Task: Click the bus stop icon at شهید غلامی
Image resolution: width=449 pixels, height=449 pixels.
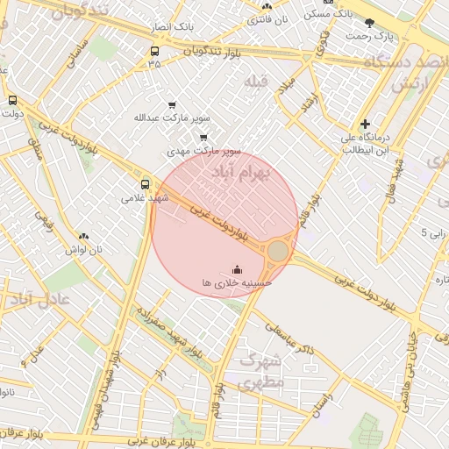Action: pos(146,184)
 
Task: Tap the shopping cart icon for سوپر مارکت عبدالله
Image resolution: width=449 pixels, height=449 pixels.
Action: pos(171,105)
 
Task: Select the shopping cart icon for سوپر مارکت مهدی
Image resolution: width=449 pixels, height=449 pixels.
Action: pos(203,137)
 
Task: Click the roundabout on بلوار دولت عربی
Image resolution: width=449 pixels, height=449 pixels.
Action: pos(277,252)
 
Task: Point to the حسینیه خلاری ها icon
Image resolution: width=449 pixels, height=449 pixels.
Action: pos(236,269)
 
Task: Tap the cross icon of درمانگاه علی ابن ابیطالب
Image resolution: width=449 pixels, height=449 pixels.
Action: pos(365,125)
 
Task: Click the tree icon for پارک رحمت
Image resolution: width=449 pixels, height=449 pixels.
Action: pos(369,22)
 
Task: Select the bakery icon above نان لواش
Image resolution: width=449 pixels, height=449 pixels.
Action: pos(84,236)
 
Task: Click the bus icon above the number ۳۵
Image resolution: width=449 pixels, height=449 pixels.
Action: pos(154,51)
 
